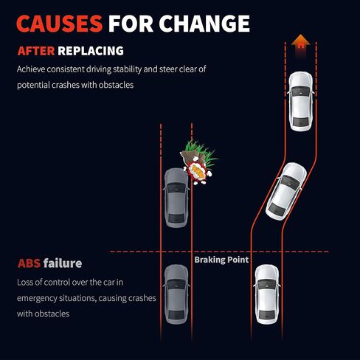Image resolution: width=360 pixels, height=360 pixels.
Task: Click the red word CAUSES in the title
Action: (x=59, y=24)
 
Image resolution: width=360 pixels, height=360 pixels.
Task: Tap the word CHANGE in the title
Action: (x=204, y=24)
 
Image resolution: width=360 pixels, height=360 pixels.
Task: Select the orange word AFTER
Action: (x=36, y=51)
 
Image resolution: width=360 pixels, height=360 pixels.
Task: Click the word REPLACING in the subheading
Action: (x=91, y=51)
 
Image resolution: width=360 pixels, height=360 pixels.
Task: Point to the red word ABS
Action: (x=29, y=263)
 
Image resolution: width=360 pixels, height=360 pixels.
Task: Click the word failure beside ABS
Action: (x=63, y=263)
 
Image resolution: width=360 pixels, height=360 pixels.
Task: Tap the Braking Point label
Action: (x=221, y=260)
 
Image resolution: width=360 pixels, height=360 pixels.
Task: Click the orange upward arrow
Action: (x=300, y=46)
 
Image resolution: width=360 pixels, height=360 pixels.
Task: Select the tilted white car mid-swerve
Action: (x=286, y=191)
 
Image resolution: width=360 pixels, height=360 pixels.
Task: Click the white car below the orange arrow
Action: (x=301, y=101)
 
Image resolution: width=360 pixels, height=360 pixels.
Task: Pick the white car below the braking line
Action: (x=267, y=294)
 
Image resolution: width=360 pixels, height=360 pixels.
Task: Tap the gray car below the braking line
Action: (x=176, y=294)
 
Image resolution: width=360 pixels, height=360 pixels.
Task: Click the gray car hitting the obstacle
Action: (x=176, y=198)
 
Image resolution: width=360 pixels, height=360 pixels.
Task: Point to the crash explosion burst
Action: (x=198, y=173)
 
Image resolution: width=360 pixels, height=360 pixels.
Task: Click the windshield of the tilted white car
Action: (x=291, y=183)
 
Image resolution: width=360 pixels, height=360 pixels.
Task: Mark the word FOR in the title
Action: (x=131, y=24)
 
